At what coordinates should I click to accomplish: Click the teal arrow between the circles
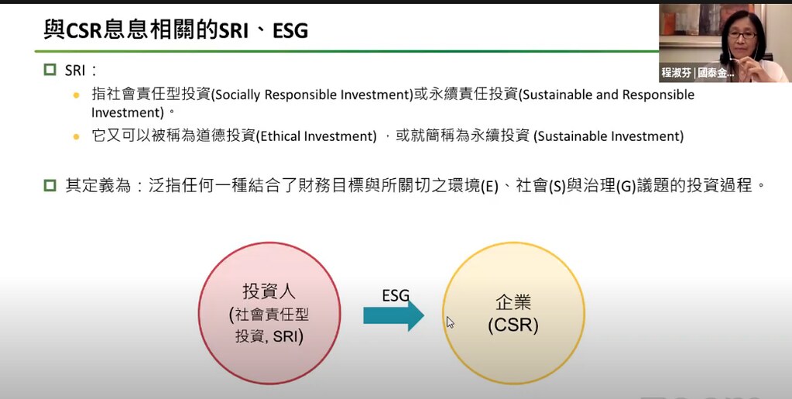[393, 315]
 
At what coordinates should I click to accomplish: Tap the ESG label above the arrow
[396, 295]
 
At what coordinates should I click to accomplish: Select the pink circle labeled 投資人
[269, 313]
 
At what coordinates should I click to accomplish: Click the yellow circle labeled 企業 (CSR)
[514, 313]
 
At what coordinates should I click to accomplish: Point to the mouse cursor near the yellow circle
[450, 322]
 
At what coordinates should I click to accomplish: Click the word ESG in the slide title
[290, 31]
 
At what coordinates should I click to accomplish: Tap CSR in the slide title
[84, 31]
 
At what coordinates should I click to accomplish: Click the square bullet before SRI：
[50, 69]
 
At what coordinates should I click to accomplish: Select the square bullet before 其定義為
[50, 186]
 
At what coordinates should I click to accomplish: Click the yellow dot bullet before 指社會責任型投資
[77, 95]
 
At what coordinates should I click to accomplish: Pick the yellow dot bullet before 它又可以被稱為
[77, 136]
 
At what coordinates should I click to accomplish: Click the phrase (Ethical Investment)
[316, 136]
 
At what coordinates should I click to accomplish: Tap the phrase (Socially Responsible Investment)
[312, 95]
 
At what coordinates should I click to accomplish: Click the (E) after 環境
[489, 187]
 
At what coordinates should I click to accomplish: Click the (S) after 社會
[557, 187]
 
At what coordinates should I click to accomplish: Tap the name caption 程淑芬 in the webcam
[677, 73]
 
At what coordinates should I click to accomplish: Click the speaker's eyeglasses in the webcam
[742, 36]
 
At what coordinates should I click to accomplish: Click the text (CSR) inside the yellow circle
[513, 325]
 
